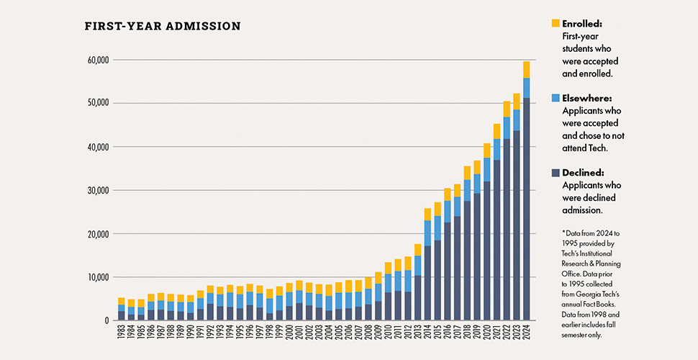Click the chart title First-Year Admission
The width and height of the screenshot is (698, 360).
pyautogui.click(x=163, y=27)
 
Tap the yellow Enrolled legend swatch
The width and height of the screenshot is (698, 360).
pyautogui.click(x=554, y=24)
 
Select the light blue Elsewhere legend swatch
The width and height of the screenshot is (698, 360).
pyautogui.click(x=554, y=98)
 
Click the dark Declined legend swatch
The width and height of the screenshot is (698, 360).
pyautogui.click(x=554, y=173)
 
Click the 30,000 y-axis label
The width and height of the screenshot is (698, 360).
pyautogui.click(x=94, y=191)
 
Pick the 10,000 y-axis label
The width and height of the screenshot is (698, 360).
pyautogui.click(x=94, y=278)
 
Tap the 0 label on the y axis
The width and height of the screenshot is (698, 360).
pyautogui.click(x=105, y=321)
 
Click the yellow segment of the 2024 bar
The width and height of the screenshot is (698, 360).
pyautogui.click(x=527, y=70)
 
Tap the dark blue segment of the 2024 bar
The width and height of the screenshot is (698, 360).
pyautogui.click(x=527, y=209)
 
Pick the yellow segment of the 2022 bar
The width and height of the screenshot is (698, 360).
pyautogui.click(x=507, y=109)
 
